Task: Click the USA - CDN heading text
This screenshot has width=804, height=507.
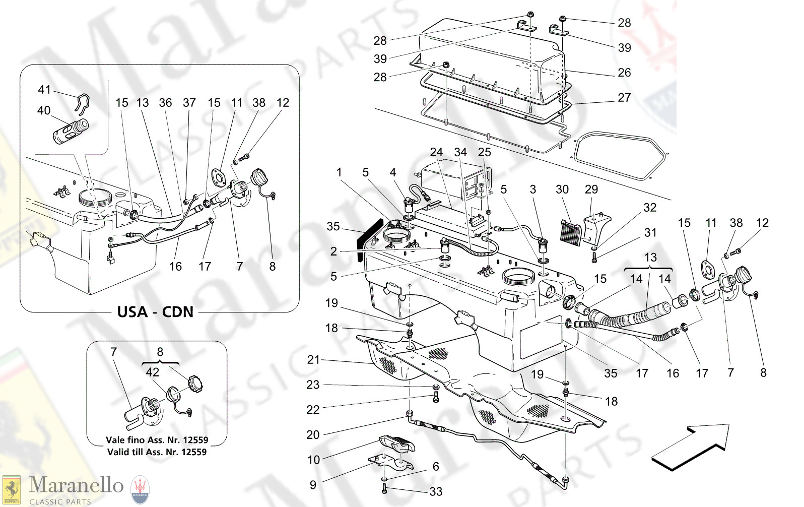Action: click(x=155, y=311)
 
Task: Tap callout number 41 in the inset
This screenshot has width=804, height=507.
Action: click(x=44, y=90)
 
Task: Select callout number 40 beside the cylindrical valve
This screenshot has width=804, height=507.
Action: click(x=44, y=110)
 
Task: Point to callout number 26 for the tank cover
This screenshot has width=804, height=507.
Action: click(x=624, y=73)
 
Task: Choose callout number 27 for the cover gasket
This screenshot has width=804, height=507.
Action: click(x=624, y=98)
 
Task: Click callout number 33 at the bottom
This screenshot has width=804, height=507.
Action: click(x=436, y=491)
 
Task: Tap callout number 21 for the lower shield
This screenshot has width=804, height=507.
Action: click(x=313, y=360)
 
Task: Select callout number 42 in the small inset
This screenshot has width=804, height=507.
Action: click(x=152, y=372)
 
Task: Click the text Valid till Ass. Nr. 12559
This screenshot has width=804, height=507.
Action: click(x=157, y=452)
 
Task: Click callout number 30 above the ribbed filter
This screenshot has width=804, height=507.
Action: click(x=562, y=189)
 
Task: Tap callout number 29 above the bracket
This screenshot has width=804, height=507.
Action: click(x=591, y=189)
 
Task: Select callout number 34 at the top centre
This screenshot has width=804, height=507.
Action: click(x=460, y=152)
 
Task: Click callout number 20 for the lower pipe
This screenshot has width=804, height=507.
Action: click(x=313, y=434)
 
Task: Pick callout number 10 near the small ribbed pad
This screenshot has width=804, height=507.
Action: click(x=313, y=460)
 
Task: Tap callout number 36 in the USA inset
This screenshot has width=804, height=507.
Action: click(x=165, y=103)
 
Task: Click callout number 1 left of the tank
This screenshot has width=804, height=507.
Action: click(x=339, y=172)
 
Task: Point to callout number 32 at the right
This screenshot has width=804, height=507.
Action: click(x=650, y=208)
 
